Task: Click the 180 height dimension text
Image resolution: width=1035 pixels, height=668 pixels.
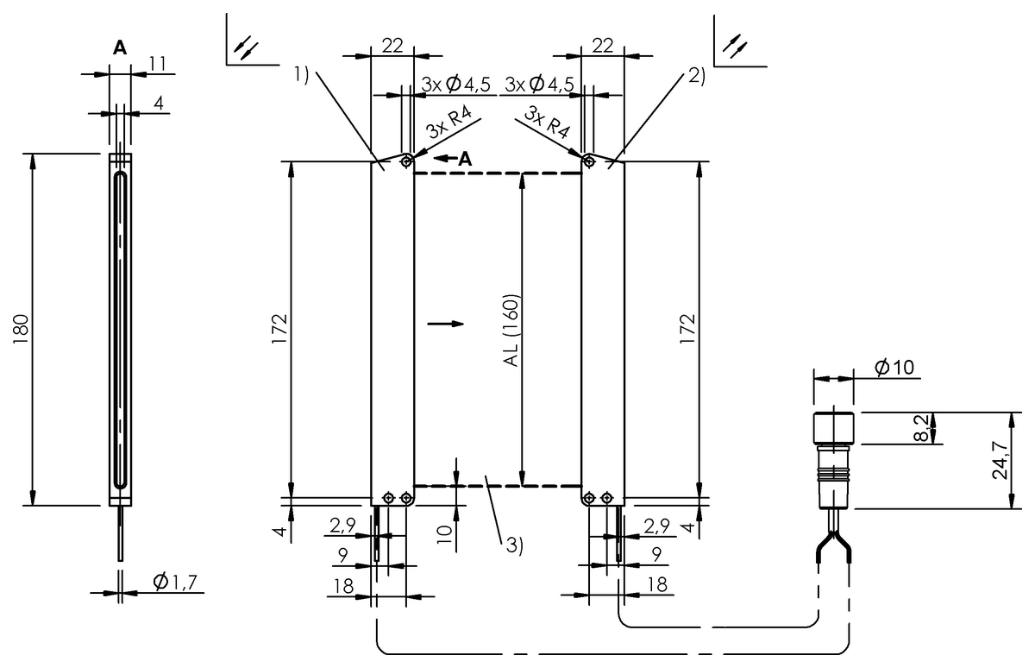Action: point(22,329)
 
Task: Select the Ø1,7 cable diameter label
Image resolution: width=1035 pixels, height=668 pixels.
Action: point(176,583)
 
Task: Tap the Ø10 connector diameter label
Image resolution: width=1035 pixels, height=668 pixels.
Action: point(893,369)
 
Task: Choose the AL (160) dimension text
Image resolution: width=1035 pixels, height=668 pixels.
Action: point(510,331)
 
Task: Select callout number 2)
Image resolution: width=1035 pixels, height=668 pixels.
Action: point(697,75)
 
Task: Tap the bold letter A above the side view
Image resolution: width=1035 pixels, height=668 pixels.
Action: point(120,49)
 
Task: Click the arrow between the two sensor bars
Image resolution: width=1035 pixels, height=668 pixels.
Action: point(445,325)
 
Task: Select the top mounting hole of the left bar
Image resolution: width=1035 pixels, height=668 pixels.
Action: point(405,160)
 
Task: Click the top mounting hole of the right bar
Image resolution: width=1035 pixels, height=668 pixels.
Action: point(588,160)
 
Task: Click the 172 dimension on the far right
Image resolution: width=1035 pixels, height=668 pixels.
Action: point(687,329)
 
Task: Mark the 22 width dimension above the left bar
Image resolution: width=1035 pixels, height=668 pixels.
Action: point(392,46)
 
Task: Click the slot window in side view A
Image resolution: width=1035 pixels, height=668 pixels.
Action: point(120,329)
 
